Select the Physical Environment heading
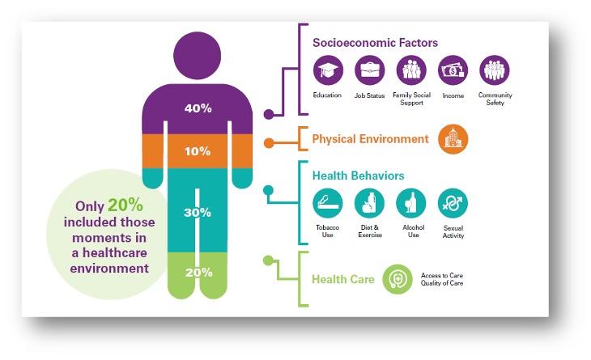[370, 139]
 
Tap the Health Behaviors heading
[358, 176]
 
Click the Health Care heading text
[343, 280]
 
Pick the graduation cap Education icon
[328, 71]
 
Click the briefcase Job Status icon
[369, 71]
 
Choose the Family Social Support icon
[410, 71]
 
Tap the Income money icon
[453, 71]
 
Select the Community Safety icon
[495, 71]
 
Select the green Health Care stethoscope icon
[398, 279]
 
